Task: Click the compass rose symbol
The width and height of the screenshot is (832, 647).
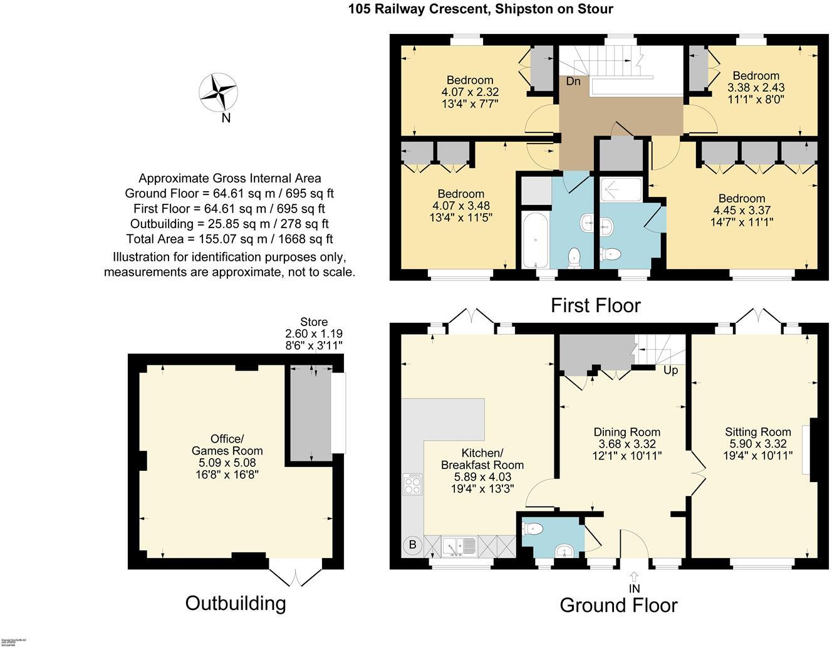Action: click(218, 92)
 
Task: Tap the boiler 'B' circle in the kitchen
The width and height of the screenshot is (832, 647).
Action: click(412, 545)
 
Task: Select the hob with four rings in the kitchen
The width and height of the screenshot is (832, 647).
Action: click(413, 483)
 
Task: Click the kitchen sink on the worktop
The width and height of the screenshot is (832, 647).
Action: click(460, 547)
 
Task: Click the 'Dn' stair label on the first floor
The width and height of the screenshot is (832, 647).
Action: click(573, 82)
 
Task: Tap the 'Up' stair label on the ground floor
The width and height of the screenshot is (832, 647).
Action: click(670, 371)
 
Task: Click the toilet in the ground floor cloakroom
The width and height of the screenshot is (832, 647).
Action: click(533, 529)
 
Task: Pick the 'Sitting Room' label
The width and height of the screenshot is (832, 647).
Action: click(757, 432)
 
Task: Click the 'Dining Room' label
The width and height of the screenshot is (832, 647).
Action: click(627, 432)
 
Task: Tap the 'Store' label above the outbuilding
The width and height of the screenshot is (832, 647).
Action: click(313, 322)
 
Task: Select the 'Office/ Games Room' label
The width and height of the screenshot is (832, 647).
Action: click(227, 444)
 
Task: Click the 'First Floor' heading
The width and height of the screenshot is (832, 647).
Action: click(595, 305)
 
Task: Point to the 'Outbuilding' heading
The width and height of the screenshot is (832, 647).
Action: click(236, 603)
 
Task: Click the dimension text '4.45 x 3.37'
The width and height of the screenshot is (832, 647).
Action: click(742, 211)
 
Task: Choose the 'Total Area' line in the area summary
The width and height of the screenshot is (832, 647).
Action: click(229, 239)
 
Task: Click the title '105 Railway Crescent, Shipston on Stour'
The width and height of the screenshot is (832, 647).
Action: click(481, 9)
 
